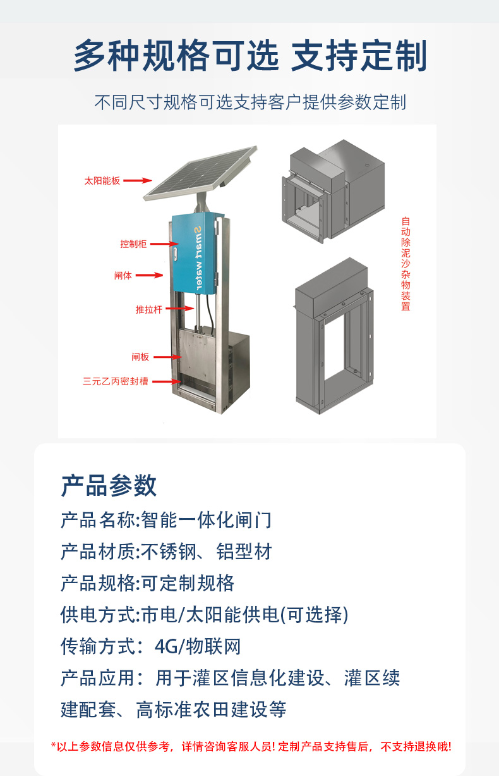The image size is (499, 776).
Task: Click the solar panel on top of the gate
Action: pos(201,173)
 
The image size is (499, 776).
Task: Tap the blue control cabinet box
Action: pos(196,254)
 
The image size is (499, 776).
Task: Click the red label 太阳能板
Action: pos(102,181)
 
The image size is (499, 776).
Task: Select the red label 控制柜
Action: pos(133,244)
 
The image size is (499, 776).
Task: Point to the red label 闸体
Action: pos(123,276)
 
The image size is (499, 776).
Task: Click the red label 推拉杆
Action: pos(149,309)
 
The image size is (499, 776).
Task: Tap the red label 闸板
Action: pos(140,357)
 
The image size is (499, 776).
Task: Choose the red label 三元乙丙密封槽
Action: pos(115,381)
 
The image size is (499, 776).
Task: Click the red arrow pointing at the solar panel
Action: pos(138,180)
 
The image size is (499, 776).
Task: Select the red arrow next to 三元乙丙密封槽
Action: pos(167,381)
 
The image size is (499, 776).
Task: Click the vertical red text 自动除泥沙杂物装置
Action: pos(406,264)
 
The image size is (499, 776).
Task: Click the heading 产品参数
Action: pos(109,485)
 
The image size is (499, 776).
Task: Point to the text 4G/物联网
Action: pos(198,646)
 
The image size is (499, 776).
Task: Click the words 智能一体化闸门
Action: pos(207,520)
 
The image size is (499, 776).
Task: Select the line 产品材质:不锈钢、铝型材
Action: pos(167,551)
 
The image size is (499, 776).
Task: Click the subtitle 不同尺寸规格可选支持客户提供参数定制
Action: pos(250,102)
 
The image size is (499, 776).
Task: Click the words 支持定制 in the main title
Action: pos(359,56)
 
